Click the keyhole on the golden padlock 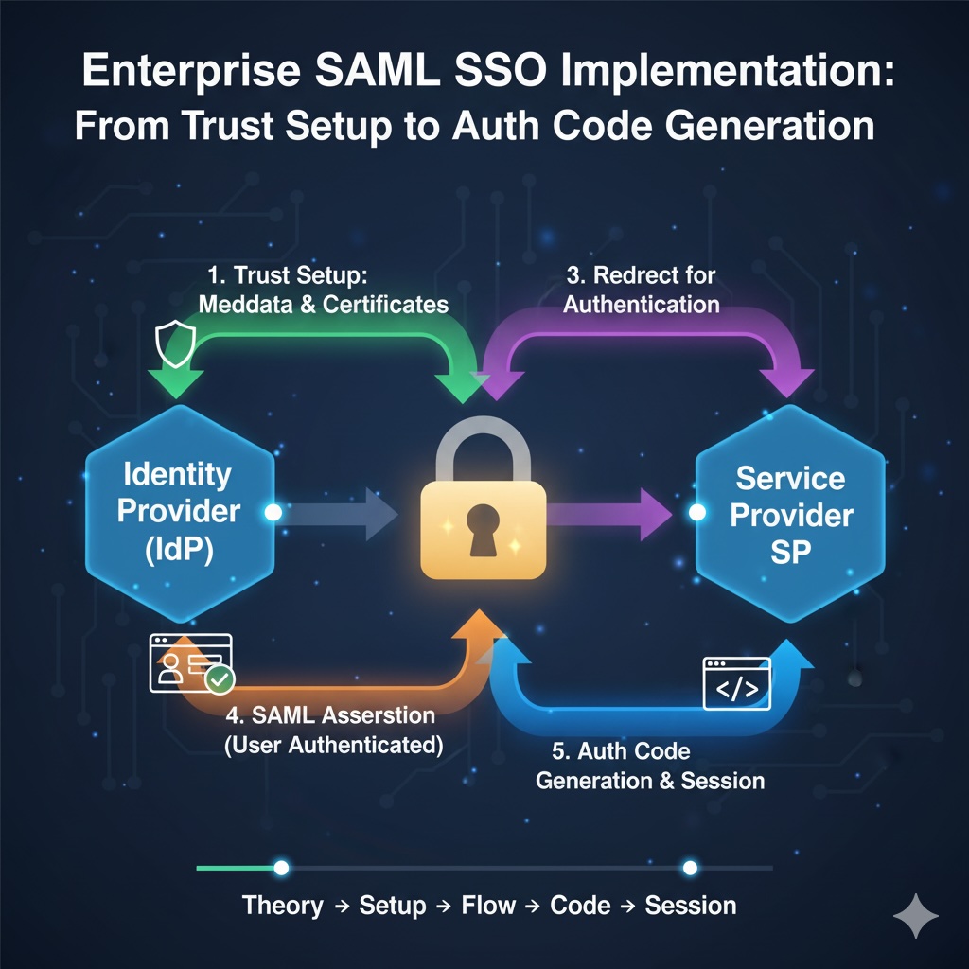tap(482, 523)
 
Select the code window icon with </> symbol tap(736, 684)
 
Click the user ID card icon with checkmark tap(190, 662)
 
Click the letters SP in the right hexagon tap(790, 552)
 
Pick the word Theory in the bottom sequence tap(282, 906)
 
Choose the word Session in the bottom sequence tap(690, 906)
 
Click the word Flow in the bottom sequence tap(487, 906)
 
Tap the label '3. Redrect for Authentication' tap(640, 290)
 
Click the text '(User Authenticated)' tap(334, 744)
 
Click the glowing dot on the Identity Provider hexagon tap(273, 512)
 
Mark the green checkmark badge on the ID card tap(220, 679)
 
